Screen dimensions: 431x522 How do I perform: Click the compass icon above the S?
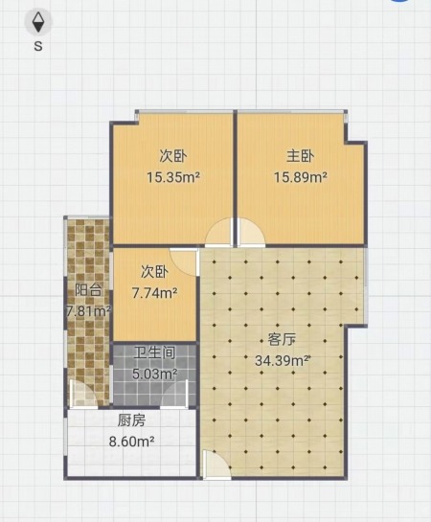(38, 22)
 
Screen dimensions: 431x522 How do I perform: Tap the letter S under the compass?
(38, 46)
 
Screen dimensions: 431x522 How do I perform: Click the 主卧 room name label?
(300, 156)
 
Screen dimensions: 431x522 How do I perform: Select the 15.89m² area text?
(300, 177)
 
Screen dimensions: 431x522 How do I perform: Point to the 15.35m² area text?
(173, 177)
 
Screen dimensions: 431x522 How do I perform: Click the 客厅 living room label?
(283, 340)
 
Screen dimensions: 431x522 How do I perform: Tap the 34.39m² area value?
(283, 360)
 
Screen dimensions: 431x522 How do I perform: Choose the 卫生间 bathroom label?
(155, 352)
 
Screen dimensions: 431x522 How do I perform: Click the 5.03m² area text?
(155, 374)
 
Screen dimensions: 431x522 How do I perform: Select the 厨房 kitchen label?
(132, 420)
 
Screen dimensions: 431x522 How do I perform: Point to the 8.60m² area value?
(132, 442)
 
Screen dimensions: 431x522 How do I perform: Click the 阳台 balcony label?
(88, 290)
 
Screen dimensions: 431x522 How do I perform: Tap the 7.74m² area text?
(155, 293)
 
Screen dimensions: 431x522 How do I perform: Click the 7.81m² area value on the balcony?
(88, 311)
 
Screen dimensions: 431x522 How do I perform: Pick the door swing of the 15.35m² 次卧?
(218, 232)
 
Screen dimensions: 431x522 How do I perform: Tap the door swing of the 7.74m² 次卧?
(183, 262)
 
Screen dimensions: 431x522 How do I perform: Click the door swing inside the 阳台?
(84, 394)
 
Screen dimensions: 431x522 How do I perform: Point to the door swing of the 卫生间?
(173, 394)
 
